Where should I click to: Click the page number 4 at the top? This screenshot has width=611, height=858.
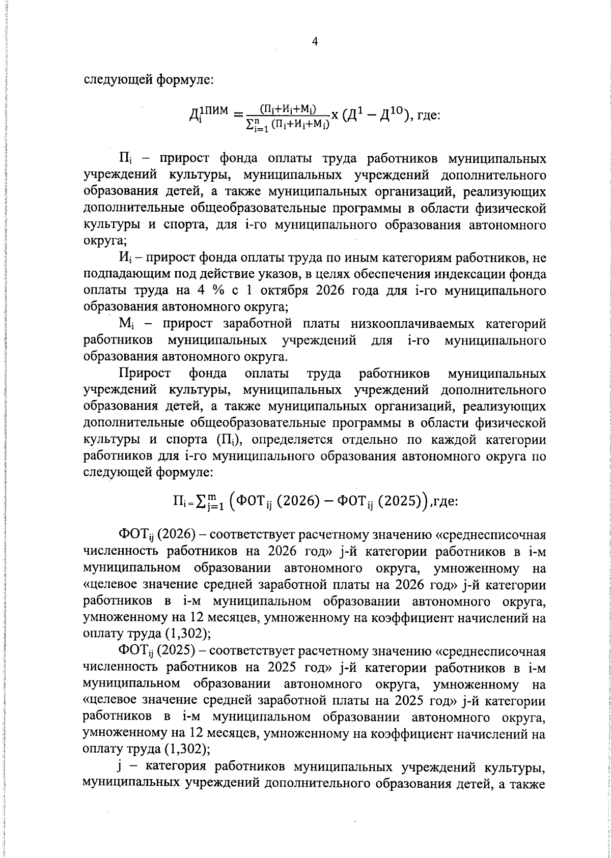click(314, 42)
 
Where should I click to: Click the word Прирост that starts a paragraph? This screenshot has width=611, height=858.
click(145, 374)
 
